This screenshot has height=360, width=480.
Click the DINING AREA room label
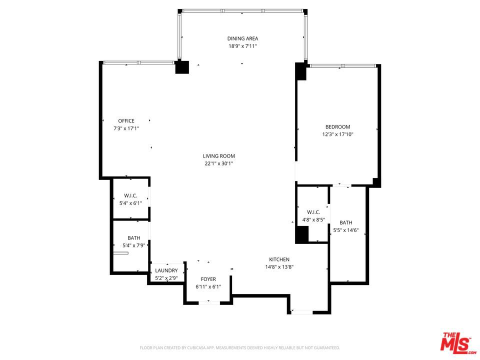[x=242, y=38]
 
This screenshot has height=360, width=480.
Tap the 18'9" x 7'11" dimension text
[x=242, y=46]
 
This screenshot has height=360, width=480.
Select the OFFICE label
[x=126, y=121]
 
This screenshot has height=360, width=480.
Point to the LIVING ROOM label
[x=219, y=156]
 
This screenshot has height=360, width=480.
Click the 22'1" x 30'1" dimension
[x=219, y=163]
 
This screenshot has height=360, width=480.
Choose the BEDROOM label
[x=337, y=126]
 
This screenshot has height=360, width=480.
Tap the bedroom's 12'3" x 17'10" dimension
[x=337, y=134]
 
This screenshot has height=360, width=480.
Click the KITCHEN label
[x=279, y=259]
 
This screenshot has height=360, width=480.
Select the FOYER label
[x=208, y=279]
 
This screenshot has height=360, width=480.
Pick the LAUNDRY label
[x=166, y=270]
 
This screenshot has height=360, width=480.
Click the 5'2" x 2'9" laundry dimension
[x=166, y=278]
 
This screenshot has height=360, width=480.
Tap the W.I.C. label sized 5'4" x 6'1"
[x=130, y=195]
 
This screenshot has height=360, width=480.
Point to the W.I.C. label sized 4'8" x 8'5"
[x=313, y=212]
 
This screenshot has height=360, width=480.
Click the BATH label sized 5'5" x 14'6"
[x=346, y=222]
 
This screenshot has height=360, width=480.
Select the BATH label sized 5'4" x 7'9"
[x=134, y=238]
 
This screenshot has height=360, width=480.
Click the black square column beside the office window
[x=182, y=67]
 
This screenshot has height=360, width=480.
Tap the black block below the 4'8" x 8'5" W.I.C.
[x=301, y=235]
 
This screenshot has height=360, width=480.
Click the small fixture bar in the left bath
[x=120, y=253]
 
